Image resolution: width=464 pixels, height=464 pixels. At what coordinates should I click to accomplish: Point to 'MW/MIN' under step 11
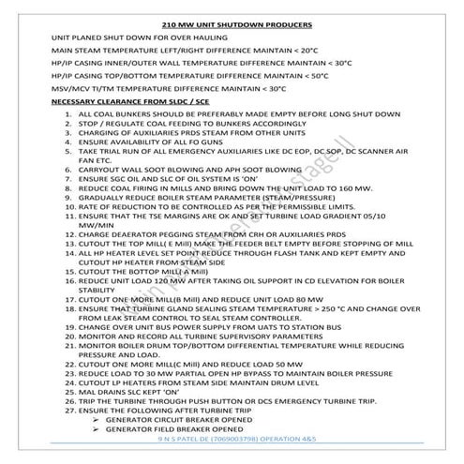tap(95, 250)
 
